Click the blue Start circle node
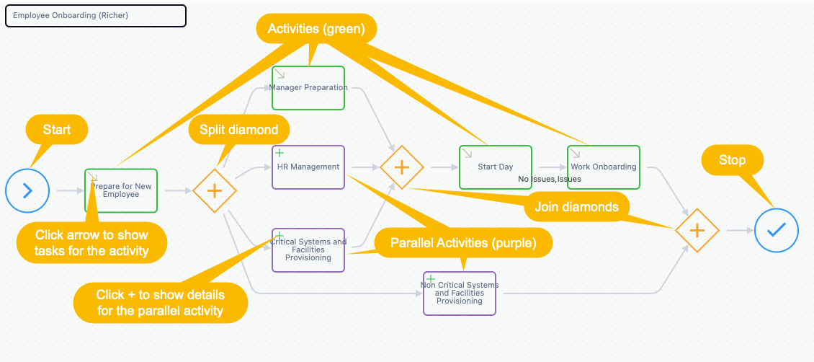tap(27, 190)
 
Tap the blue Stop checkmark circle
tap(776, 229)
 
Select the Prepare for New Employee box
tap(121, 190)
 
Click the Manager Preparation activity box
tap(308, 88)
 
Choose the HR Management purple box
tap(308, 167)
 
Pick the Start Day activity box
tap(496, 167)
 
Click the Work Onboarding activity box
tap(603, 167)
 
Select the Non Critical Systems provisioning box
tap(460, 293)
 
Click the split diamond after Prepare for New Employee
tap(215, 190)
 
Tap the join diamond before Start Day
tap(402, 167)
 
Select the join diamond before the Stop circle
tap(697, 230)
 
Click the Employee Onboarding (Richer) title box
tap(96, 16)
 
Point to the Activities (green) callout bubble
tap(317, 29)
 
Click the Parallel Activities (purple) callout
tap(464, 242)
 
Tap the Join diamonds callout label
tap(577, 207)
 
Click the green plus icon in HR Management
tap(279, 153)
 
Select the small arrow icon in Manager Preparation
tap(279, 74)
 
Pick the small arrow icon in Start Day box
tap(467, 153)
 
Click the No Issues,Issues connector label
tap(549, 179)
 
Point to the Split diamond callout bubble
tap(239, 129)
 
